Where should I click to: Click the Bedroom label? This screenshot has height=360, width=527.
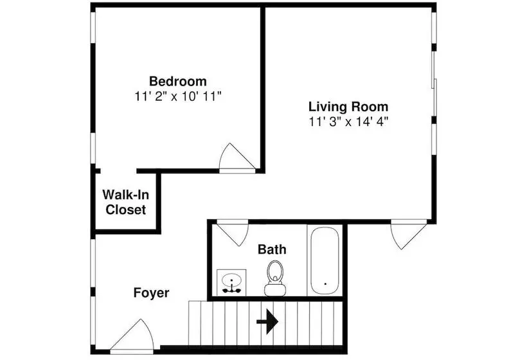pyautogui.click(x=178, y=82)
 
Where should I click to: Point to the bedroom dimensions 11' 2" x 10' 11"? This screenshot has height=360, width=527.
pyautogui.click(x=178, y=96)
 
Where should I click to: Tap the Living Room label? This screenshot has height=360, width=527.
pyautogui.click(x=348, y=107)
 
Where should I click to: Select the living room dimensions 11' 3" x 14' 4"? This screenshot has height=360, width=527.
pyautogui.click(x=348, y=122)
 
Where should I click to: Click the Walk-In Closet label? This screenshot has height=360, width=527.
pyautogui.click(x=126, y=202)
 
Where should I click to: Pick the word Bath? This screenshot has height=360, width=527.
pyautogui.click(x=272, y=249)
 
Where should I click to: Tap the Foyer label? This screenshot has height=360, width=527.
pyautogui.click(x=151, y=292)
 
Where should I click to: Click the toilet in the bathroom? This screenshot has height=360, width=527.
pyautogui.click(x=275, y=278)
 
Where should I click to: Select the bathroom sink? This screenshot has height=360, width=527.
pyautogui.click(x=231, y=282)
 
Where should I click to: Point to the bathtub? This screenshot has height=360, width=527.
pyautogui.click(x=325, y=260)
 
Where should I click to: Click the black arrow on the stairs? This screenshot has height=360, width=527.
pyautogui.click(x=267, y=321)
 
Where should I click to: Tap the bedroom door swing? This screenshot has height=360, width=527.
pyautogui.click(x=237, y=157)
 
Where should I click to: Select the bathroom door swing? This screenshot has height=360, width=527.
pyautogui.click(x=233, y=233)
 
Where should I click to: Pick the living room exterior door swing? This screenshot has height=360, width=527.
pyautogui.click(x=408, y=234)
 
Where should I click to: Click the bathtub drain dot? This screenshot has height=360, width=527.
pyautogui.click(x=325, y=283)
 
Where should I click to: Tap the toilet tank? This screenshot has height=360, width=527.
pyautogui.click(x=275, y=290)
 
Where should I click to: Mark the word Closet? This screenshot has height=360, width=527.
pyautogui.click(x=126, y=210)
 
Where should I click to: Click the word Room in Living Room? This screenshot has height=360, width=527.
pyautogui.click(x=370, y=107)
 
